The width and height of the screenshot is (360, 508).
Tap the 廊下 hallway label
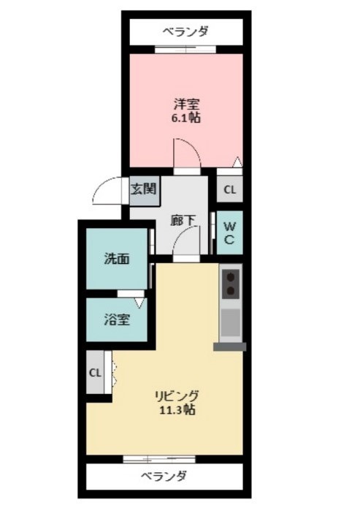182,219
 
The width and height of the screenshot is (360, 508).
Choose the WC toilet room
229,232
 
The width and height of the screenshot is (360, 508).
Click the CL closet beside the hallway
229,190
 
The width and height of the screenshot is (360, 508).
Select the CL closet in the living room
96,372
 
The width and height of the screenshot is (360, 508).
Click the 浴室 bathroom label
117,319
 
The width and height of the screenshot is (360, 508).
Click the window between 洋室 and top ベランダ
185,49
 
